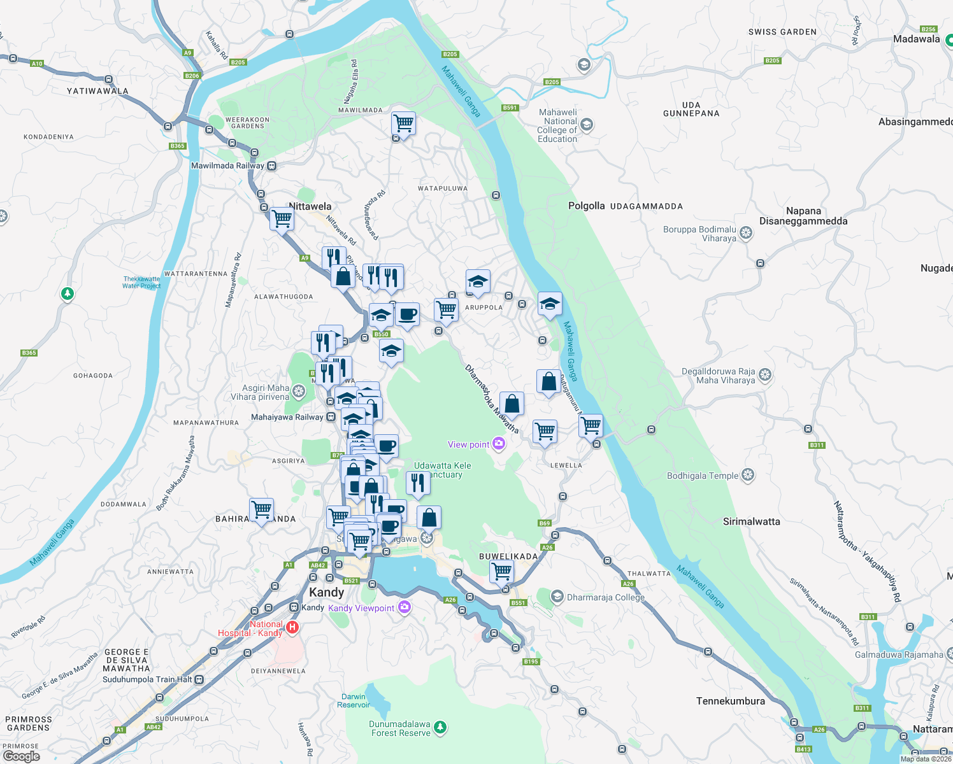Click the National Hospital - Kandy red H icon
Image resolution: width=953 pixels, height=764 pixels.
(292, 627)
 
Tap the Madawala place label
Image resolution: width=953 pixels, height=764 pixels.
(916, 39)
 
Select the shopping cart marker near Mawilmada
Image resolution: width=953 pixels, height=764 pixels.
(403, 122)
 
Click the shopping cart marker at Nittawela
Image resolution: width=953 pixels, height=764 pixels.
(282, 219)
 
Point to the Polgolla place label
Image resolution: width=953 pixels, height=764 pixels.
(586, 206)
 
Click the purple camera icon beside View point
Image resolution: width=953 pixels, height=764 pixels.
(499, 444)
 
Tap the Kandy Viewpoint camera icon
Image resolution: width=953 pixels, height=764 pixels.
(404, 607)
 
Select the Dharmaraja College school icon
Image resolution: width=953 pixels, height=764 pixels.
(557, 597)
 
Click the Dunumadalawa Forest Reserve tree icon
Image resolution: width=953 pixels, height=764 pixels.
(440, 727)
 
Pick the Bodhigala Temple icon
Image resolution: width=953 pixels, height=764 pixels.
(748, 475)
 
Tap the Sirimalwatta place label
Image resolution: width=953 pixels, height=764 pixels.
(751, 521)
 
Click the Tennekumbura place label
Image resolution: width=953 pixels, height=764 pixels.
(730, 701)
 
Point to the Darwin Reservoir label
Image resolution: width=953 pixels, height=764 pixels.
(353, 700)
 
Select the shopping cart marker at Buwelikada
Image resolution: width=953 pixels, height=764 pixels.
(501, 571)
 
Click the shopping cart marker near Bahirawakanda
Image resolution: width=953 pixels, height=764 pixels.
(261, 509)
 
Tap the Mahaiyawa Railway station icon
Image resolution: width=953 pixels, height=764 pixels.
(331, 417)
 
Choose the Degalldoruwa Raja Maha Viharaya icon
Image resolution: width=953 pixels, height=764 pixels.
(765, 375)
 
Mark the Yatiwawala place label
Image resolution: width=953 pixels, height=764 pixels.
(97, 91)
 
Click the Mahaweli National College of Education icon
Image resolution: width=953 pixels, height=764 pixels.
(587, 125)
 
